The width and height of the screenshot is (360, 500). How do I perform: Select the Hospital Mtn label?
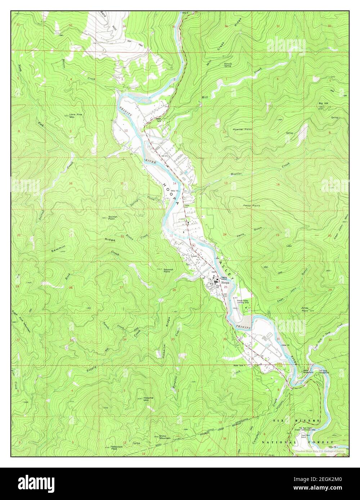[x=148, y=399]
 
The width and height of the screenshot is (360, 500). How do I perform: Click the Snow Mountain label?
[x=165, y=437]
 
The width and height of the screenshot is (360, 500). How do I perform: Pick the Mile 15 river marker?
[x=286, y=345]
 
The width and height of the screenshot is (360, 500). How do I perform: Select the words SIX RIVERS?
[x=296, y=421]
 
